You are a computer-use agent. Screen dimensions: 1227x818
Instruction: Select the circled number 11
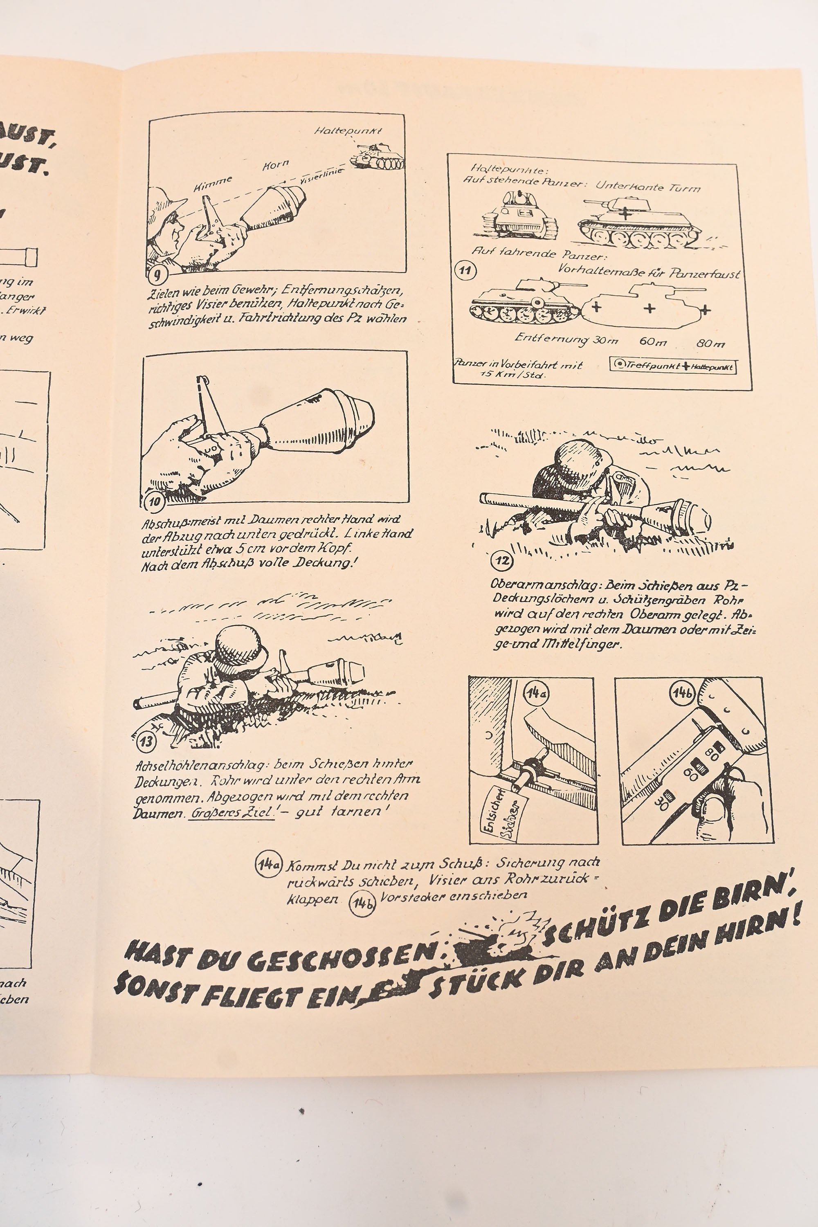point(464,271)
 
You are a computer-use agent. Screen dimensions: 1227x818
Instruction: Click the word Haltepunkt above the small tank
point(348,130)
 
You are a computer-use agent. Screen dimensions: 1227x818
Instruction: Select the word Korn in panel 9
point(275,166)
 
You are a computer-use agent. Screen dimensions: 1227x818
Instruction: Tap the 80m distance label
point(710,343)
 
